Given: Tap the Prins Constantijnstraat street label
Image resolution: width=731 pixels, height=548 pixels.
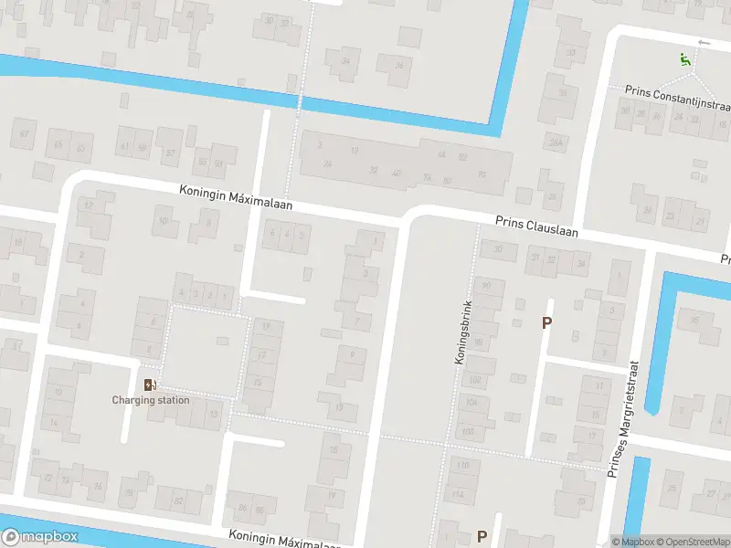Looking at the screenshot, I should point(677,93).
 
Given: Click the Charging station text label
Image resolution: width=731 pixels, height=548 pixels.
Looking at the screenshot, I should point(151,400).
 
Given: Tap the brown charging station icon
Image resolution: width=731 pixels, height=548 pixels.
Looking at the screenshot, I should point(150,385).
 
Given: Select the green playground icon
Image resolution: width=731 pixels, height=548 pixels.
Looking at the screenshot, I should point(684,60).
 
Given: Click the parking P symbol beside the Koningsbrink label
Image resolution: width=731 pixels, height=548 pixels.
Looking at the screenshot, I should point(547,322).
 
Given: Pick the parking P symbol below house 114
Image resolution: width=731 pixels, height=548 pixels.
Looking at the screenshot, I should point(482,536).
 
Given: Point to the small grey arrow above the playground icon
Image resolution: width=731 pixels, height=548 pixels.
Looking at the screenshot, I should point(703,43).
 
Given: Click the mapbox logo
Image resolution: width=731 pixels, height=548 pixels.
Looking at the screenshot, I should point(39,537).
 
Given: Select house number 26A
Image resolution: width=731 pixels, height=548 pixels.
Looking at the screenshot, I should point(554,143).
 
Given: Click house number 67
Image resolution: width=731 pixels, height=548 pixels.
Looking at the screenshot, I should point(25,134).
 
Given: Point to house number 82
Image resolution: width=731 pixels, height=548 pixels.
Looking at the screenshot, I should point(177,501).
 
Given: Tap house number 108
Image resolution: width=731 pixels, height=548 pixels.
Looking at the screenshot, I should point(468,431).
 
